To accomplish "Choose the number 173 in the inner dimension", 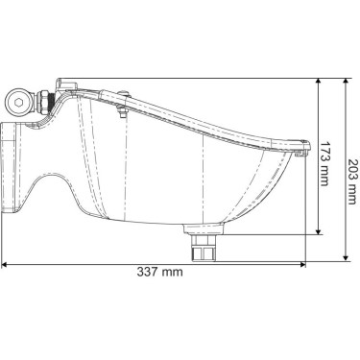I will (326, 152).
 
